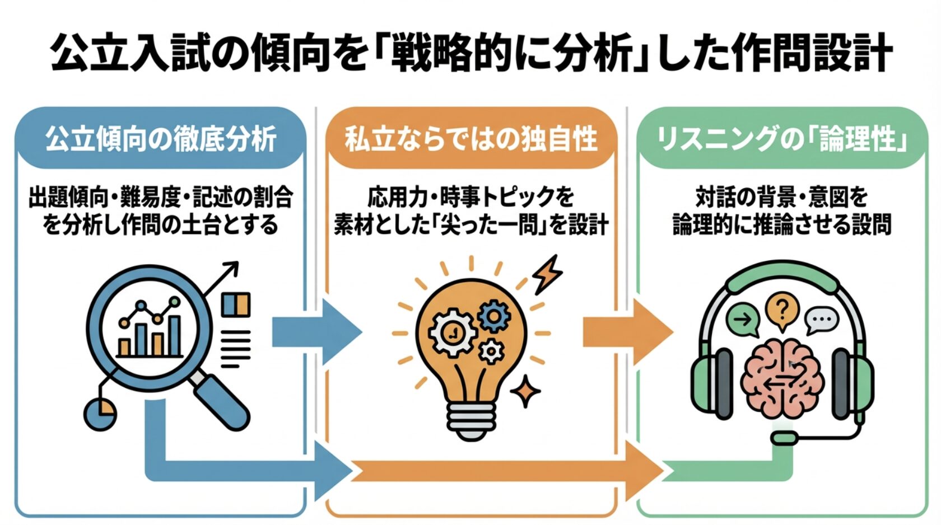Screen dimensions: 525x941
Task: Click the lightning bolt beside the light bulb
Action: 547,274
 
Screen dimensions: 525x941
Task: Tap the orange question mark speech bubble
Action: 782,311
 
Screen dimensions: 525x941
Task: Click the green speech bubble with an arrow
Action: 743,321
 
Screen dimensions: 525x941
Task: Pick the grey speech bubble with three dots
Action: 821,321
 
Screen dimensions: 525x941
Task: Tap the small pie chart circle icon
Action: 100,414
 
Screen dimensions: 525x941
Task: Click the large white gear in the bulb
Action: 451,334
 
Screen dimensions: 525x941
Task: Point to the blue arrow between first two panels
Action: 316,332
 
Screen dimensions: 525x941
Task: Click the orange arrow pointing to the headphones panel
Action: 627,332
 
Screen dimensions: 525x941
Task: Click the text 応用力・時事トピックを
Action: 470,197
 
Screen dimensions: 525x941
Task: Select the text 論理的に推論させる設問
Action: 782,225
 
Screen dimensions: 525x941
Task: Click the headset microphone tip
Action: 784,437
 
